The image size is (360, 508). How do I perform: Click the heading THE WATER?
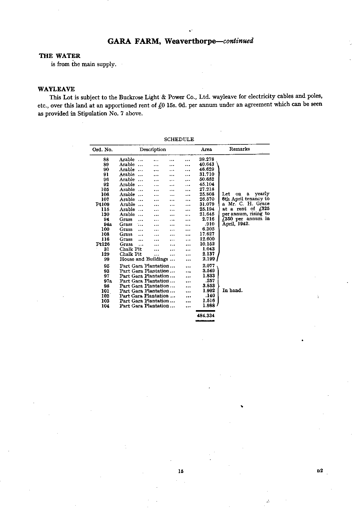tap(60, 56)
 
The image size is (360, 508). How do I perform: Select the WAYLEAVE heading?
tap(56, 89)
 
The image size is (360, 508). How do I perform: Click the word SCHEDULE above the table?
tap(179, 139)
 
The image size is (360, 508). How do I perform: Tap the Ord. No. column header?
tap(102, 150)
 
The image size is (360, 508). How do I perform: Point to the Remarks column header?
tap(239, 149)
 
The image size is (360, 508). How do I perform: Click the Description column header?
tap(153, 150)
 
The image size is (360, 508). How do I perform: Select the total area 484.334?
tap(205, 316)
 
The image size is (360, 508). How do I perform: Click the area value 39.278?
tap(207, 159)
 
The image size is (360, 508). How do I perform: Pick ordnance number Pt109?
tap(103, 204)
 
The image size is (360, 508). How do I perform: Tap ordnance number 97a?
tap(108, 281)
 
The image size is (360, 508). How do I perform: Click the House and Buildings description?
tap(144, 259)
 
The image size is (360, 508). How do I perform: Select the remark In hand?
tap(232, 291)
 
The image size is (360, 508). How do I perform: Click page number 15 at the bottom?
tap(180, 471)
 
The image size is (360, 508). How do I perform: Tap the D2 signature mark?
tap(319, 471)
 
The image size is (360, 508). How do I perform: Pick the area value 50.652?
tap(207, 180)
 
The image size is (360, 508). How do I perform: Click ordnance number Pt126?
tap(103, 244)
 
